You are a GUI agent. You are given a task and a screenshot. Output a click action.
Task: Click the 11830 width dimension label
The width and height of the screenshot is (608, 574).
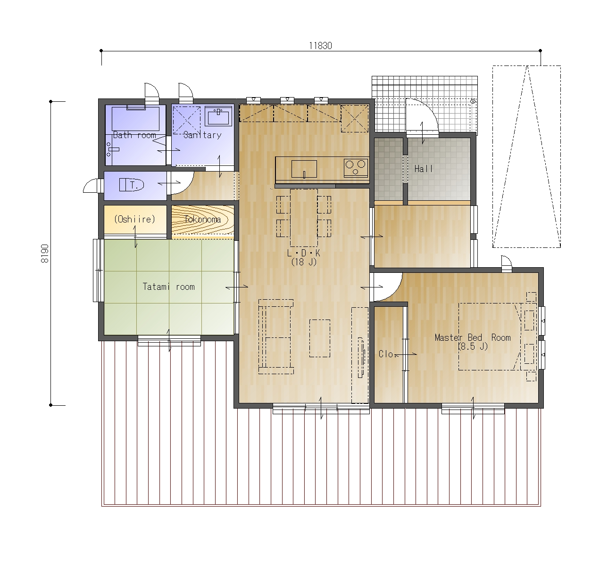coord(320,46)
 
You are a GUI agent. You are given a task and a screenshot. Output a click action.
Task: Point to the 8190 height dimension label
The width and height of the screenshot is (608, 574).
coord(45,254)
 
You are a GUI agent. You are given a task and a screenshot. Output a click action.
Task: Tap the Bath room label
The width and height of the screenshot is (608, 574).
coord(134,135)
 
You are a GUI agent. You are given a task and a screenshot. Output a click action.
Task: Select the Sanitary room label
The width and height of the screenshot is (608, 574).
coord(202,135)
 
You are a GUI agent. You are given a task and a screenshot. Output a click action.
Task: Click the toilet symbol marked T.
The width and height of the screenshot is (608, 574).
coord(132,185)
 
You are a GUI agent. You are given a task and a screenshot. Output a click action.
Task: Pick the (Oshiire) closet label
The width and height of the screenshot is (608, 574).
coord(135,219)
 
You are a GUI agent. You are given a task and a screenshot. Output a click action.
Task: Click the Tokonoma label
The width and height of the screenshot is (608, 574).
coord(202,219)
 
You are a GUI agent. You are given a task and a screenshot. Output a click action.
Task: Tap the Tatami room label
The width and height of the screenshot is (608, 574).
coord(169,287)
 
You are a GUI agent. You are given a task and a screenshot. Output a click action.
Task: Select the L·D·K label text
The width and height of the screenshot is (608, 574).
coord(304,253)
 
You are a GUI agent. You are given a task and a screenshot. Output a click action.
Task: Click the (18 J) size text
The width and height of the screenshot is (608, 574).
coord(304,262)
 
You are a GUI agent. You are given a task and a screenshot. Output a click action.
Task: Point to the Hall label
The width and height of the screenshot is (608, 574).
coord(424,169)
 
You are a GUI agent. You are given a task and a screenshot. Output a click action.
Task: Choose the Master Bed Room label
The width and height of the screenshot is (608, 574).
coord(473,337)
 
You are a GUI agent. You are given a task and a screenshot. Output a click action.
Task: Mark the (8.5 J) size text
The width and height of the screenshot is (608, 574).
coord(473,346)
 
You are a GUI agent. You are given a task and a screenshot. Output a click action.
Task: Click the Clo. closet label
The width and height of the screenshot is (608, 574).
coord(387,354)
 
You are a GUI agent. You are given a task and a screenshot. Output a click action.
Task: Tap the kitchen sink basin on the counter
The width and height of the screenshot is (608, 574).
coord(304,169)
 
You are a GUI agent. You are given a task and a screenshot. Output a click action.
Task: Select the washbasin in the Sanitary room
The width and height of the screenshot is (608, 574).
coord(218,116)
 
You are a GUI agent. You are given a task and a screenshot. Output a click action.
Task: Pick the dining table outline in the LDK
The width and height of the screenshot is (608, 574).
coord(304,218)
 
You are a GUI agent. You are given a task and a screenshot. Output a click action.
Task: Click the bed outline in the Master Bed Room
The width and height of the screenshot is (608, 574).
coord(490,336)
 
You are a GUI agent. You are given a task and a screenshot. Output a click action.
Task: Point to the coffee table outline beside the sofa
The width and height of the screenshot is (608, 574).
coord(320,338)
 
